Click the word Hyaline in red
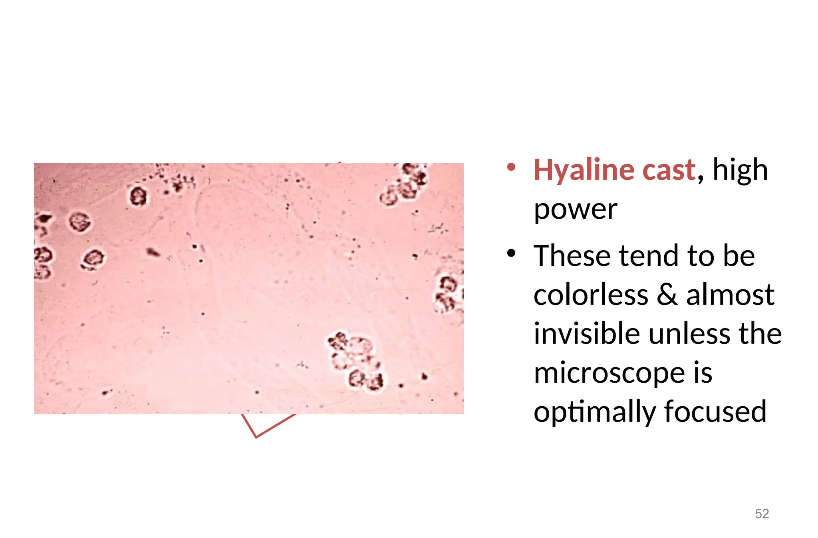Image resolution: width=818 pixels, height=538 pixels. coord(584,170)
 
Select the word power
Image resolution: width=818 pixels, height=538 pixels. coord(575,210)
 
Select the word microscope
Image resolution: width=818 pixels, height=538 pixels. coord(609,373)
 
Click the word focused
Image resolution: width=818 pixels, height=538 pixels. coord(715,411)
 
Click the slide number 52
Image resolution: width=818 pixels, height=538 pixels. coord(762,513)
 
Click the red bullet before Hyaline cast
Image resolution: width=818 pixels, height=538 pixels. coord(511,167)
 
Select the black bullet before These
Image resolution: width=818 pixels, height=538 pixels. coord(511,253)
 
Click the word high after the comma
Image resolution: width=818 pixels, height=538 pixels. coord(740,170)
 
